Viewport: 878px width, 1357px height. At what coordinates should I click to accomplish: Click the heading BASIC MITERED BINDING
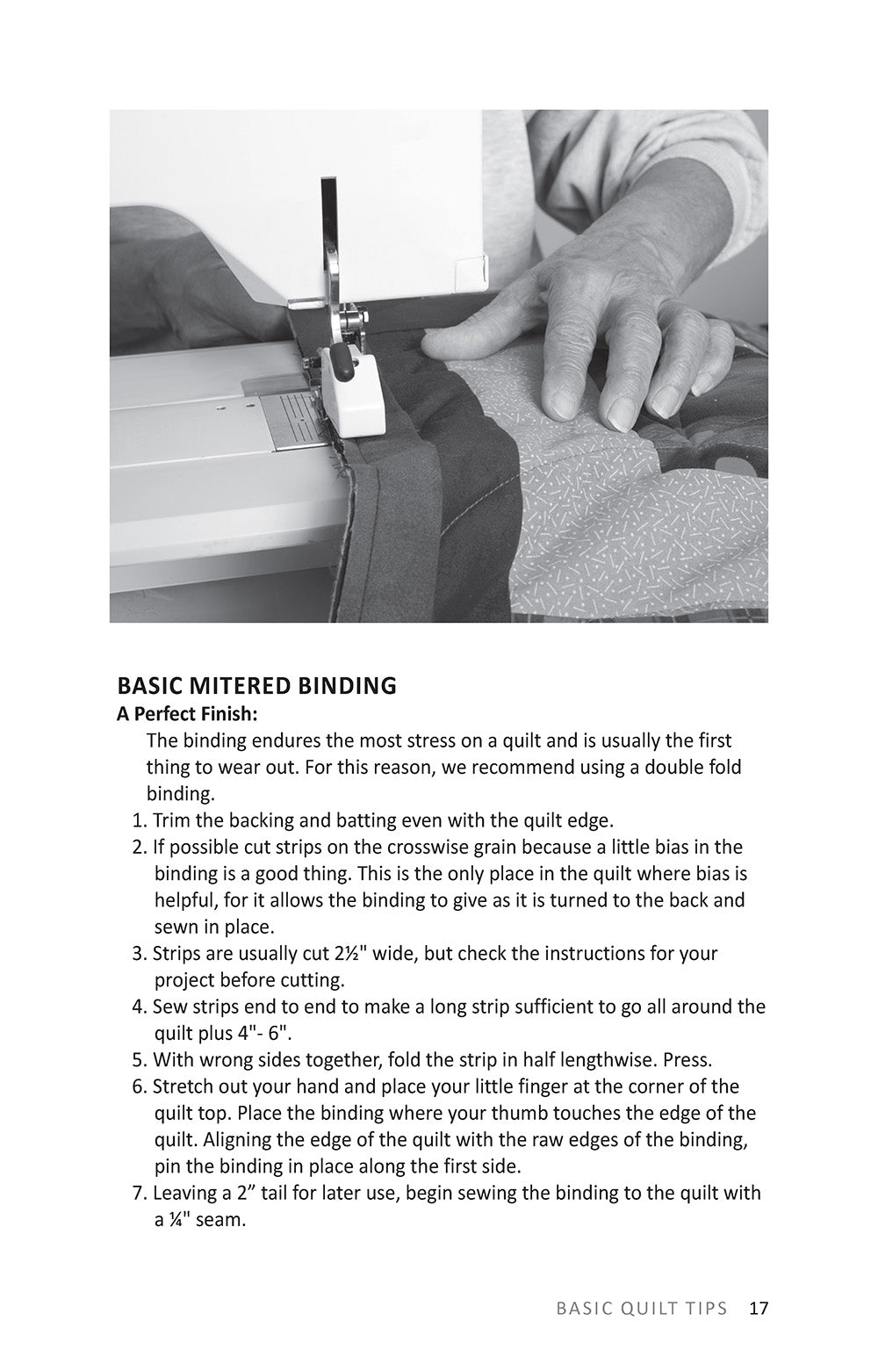click(x=256, y=685)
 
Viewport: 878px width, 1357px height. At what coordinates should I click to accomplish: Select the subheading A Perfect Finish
click(x=187, y=712)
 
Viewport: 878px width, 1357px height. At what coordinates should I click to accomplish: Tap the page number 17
click(x=759, y=1308)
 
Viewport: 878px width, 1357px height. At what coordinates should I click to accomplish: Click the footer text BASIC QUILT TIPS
click(x=642, y=1308)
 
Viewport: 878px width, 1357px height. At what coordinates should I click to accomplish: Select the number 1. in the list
click(x=140, y=821)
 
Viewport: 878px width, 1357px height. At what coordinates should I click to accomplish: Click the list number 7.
click(x=140, y=1194)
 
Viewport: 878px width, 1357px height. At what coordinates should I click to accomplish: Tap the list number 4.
click(x=140, y=1007)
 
